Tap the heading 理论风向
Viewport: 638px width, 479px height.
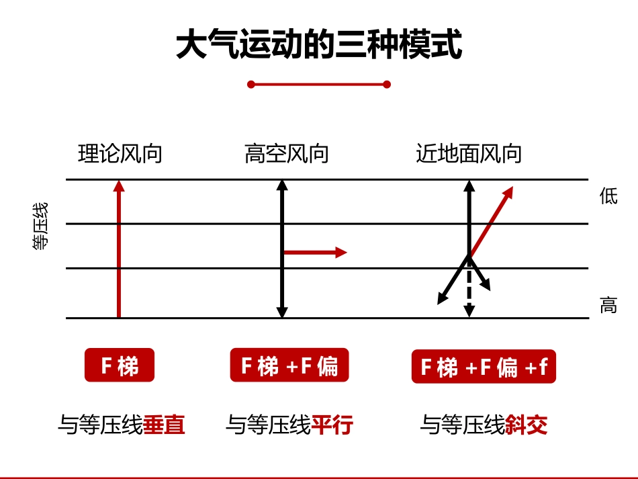(120, 155)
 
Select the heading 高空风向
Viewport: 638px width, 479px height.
(287, 155)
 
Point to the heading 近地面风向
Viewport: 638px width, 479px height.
(469, 155)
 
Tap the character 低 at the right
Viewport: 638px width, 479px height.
(608, 196)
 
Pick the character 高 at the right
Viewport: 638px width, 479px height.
(608, 306)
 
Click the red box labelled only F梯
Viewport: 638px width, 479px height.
(120, 366)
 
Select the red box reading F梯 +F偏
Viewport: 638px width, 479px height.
(289, 366)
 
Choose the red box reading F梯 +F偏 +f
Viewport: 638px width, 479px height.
(484, 367)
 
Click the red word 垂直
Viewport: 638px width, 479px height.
(164, 425)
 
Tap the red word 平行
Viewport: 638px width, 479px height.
(332, 425)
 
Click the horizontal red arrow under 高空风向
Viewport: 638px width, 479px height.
(314, 253)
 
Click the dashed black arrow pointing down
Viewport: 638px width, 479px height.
(469, 296)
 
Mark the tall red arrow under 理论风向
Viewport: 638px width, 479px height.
(119, 249)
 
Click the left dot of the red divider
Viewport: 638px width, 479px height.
(251, 84)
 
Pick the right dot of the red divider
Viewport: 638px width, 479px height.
(387, 84)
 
